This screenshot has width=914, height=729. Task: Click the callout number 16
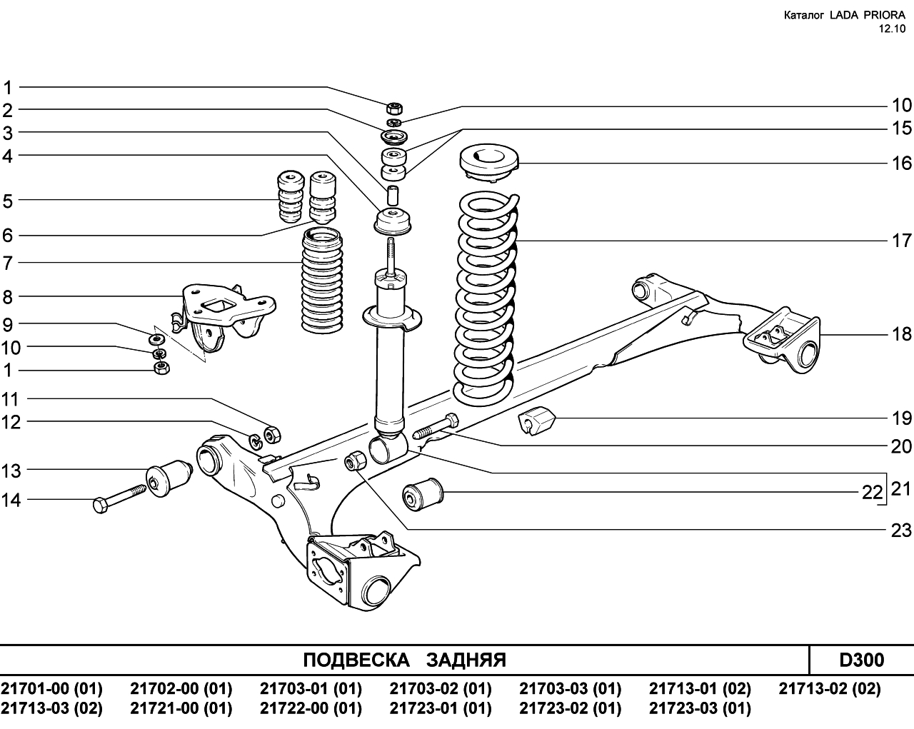click(901, 163)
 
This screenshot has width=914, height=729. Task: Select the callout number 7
click(8, 263)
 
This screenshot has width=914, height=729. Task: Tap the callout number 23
click(901, 531)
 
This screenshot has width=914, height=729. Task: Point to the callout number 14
click(11, 500)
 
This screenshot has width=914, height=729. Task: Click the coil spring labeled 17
click(487, 299)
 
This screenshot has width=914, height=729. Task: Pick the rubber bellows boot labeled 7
click(322, 281)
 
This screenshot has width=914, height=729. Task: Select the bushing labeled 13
click(169, 478)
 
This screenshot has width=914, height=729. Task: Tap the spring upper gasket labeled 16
click(489, 164)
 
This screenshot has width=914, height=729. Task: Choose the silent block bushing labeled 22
click(423, 494)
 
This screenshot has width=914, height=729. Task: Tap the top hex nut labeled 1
click(395, 108)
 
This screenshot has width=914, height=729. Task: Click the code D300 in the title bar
click(862, 660)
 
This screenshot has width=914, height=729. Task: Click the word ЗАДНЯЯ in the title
click(466, 660)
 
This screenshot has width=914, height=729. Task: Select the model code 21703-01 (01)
click(311, 688)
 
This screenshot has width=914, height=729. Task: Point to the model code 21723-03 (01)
click(700, 708)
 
